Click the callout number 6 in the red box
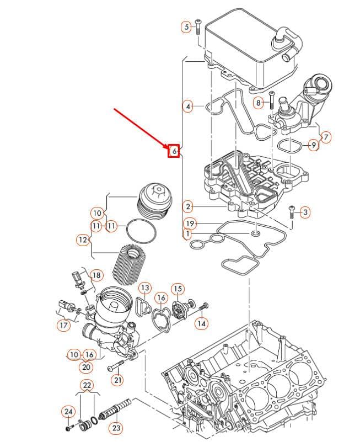(174, 151)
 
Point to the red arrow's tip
(170, 148)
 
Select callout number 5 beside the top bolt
(186, 27)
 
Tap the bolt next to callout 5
(198, 27)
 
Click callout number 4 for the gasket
(188, 107)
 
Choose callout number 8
(259, 102)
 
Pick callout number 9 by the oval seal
(314, 145)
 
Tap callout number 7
(326, 137)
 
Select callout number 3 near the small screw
(305, 212)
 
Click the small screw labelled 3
(291, 212)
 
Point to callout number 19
(190, 223)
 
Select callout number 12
(83, 240)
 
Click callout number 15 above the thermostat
(178, 289)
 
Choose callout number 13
(145, 288)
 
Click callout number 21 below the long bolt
(118, 380)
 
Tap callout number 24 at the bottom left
(68, 411)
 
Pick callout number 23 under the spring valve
(116, 428)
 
